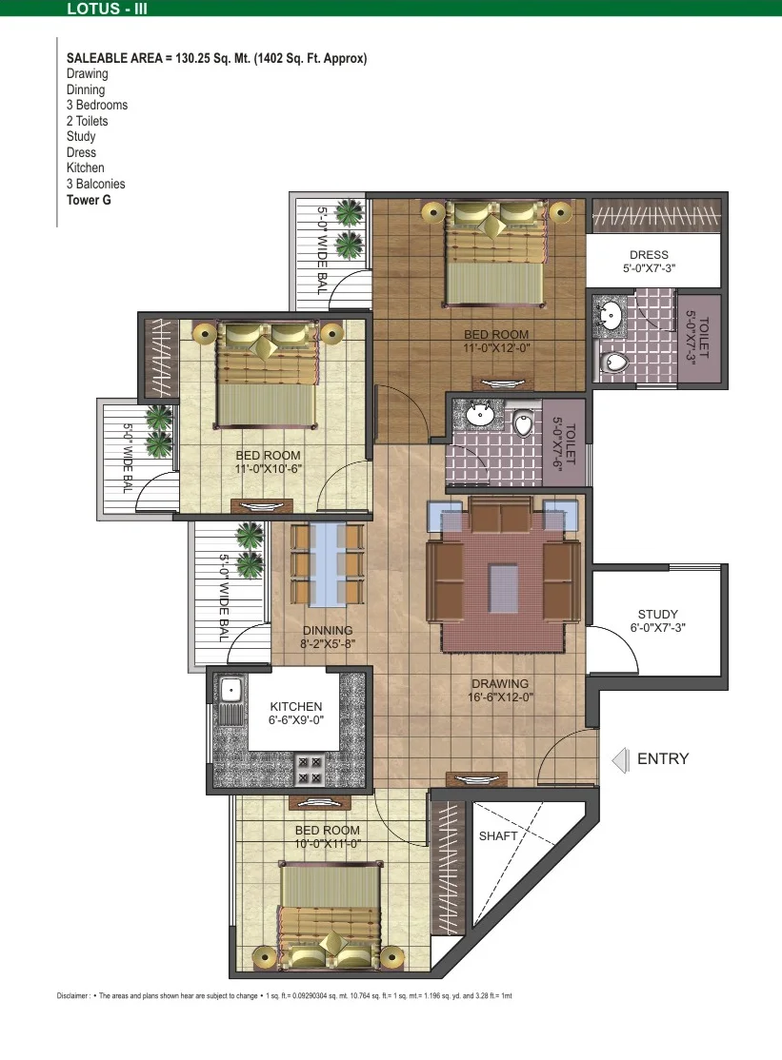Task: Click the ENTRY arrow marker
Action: point(620,760)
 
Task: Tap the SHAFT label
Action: point(498,836)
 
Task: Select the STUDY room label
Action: point(657,615)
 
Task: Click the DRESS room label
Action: point(649,255)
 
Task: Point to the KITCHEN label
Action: point(296,706)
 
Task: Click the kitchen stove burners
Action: point(310,770)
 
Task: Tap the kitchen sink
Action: point(230,691)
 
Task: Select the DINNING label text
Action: point(328,630)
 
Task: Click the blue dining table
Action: point(328,563)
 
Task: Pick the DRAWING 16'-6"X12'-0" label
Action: point(501,690)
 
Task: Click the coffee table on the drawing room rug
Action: point(503,586)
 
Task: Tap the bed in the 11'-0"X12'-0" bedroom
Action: point(494,253)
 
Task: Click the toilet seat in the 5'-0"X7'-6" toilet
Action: point(524,424)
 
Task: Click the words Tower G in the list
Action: point(89,200)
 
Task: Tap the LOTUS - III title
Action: point(107,9)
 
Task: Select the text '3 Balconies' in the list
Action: point(95,184)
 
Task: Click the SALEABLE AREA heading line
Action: point(216,59)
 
